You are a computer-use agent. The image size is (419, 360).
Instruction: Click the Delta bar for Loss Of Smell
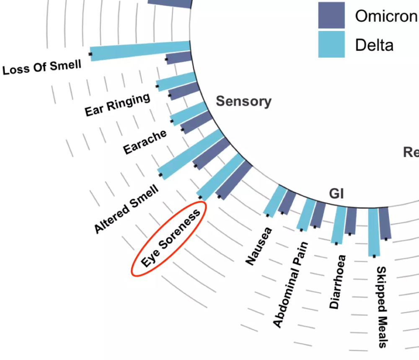tap(140, 50)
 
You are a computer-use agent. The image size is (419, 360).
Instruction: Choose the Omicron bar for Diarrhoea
tap(351, 221)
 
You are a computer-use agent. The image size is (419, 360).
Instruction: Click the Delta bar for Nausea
tap(274, 202)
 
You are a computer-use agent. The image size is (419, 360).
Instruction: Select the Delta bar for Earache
tap(189, 113)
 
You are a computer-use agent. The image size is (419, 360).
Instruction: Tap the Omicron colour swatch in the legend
tap(331, 15)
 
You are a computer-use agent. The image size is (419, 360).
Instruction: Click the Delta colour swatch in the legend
tap(331, 44)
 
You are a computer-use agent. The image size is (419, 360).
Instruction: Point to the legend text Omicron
tap(386, 16)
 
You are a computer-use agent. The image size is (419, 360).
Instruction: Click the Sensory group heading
tap(243, 101)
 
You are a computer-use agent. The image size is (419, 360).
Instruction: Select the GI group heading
tap(336, 194)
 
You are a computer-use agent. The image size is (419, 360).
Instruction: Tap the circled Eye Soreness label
tap(170, 239)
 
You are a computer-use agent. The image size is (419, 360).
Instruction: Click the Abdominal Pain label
tap(290, 285)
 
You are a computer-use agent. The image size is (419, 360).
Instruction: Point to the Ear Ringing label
tap(117, 105)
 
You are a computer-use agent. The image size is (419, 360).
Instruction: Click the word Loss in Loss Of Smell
tap(15, 70)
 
